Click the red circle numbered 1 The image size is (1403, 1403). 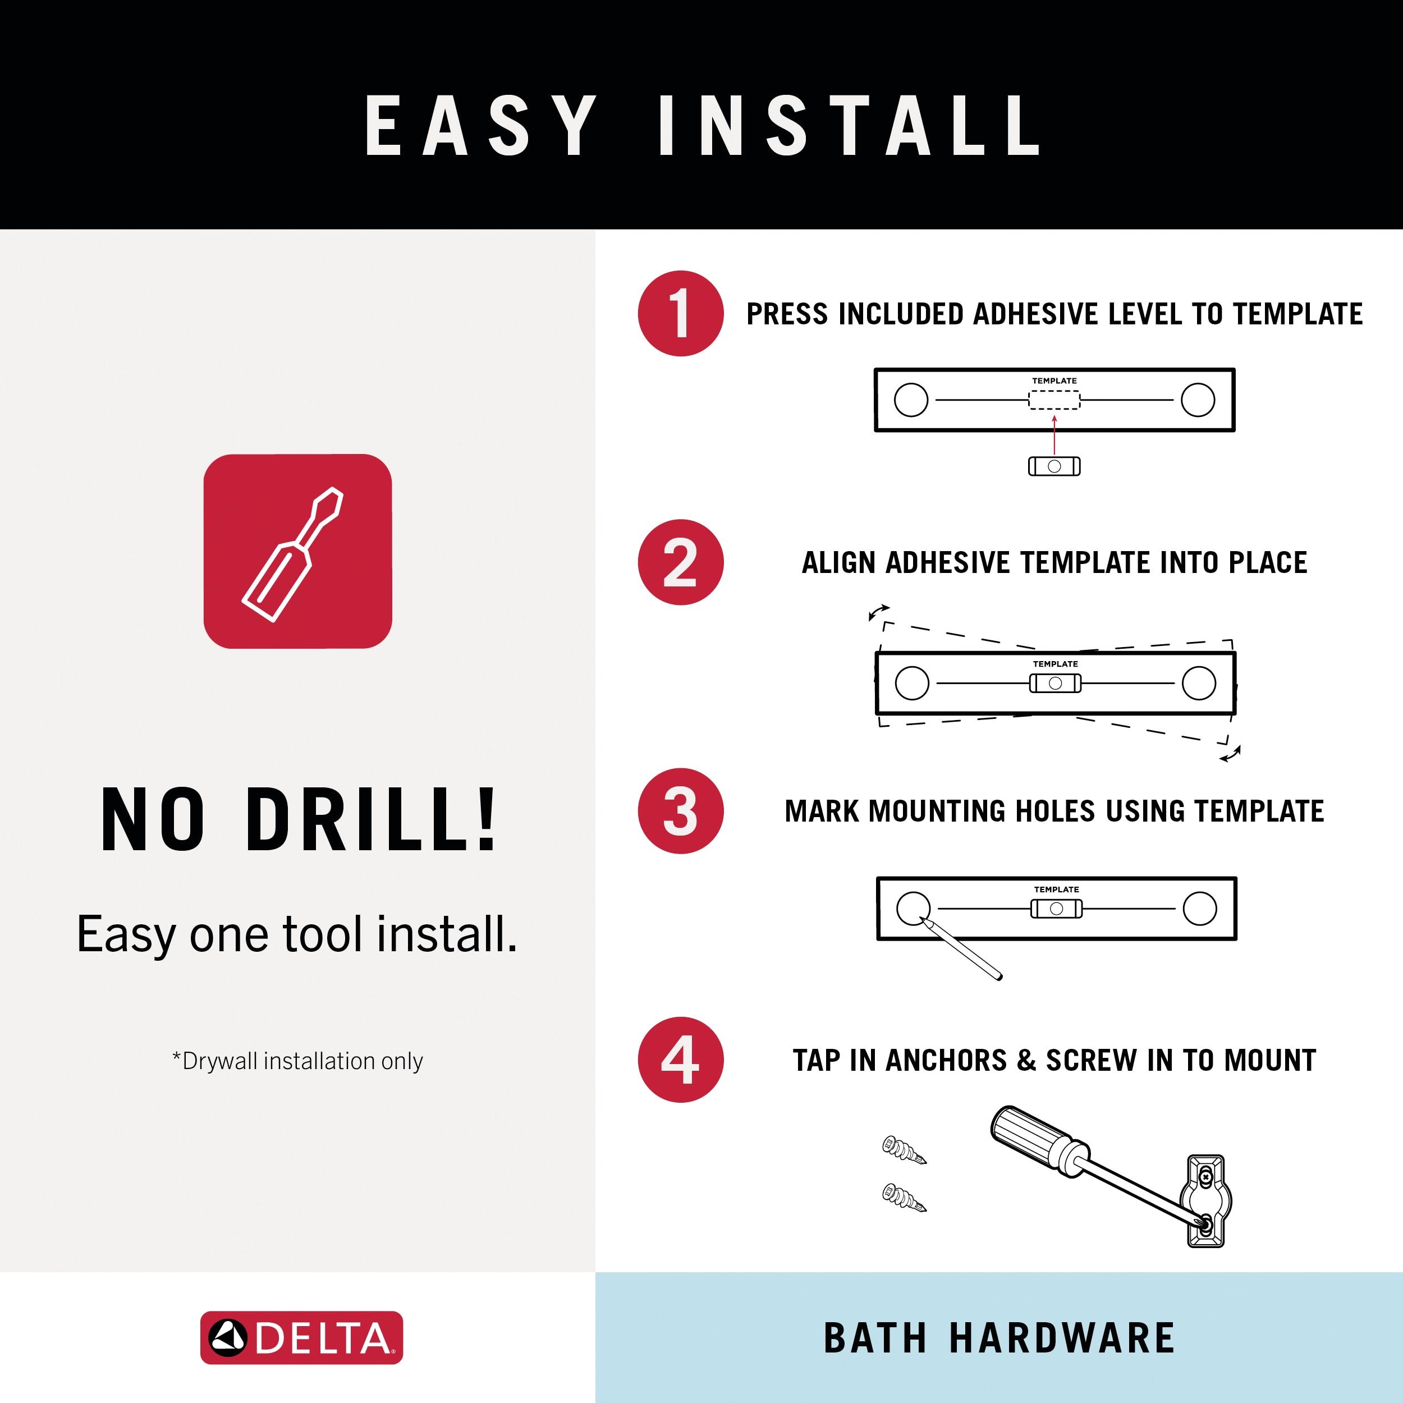coord(680,314)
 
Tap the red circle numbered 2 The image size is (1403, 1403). coord(680,562)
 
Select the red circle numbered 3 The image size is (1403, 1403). coord(680,810)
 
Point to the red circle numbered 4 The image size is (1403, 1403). coord(680,1060)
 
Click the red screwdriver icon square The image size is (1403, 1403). coord(298,551)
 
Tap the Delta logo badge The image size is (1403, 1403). coord(301,1338)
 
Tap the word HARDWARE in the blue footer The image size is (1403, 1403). coord(1062,1338)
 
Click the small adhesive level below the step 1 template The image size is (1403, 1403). coord(1054,466)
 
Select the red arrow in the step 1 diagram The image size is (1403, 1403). coord(1054,434)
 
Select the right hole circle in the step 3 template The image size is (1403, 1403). coord(1200,909)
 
